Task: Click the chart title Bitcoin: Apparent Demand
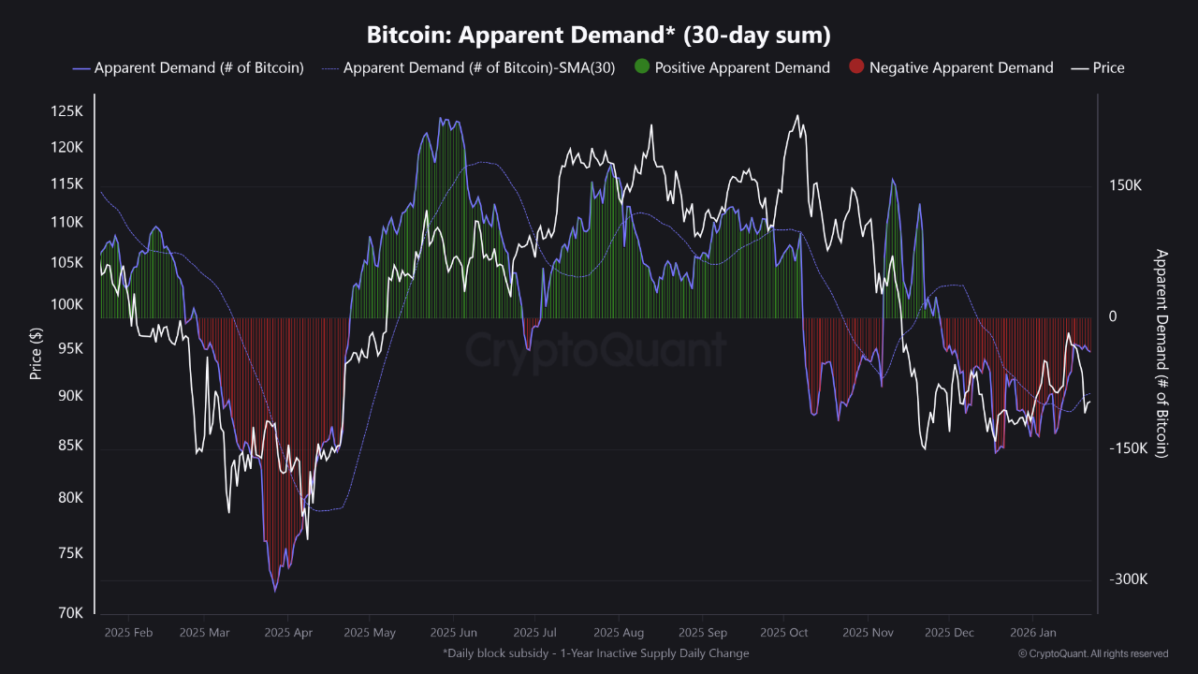(x=599, y=35)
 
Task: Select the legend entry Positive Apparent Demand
(x=741, y=67)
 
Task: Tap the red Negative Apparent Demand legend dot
(x=855, y=67)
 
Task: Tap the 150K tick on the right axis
(x=1126, y=185)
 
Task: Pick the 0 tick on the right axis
(x=1113, y=317)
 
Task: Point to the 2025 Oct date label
(x=784, y=633)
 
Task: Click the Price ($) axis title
(x=36, y=354)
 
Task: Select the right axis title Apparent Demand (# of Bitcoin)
(x=1162, y=353)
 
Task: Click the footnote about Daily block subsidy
(x=595, y=653)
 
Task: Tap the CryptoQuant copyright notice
(x=1093, y=653)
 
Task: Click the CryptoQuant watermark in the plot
(x=595, y=350)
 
